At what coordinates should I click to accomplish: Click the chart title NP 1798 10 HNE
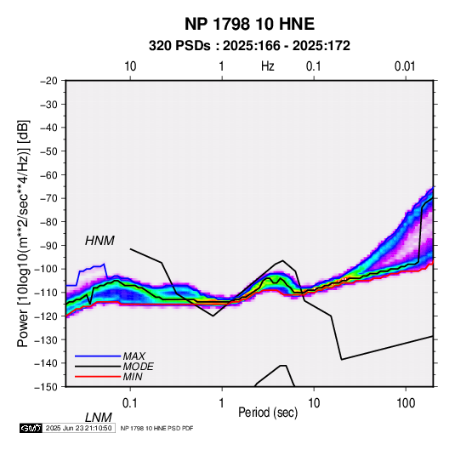click(x=249, y=24)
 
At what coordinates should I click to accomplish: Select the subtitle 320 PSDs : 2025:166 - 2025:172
click(x=249, y=46)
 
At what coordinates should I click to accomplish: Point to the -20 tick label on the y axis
click(x=48, y=81)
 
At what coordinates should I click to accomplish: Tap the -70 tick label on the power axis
click(x=48, y=198)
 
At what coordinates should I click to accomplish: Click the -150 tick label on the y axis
click(x=46, y=386)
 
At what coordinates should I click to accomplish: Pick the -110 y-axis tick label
click(x=46, y=293)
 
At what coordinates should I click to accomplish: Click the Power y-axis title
click(x=23, y=233)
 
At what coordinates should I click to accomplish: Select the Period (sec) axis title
click(x=268, y=413)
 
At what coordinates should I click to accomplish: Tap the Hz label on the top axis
click(x=268, y=66)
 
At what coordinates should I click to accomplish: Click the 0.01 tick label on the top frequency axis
click(x=405, y=66)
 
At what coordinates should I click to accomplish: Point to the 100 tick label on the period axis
click(x=406, y=403)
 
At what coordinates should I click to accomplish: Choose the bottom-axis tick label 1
click(x=222, y=403)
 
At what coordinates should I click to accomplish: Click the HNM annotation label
click(x=100, y=241)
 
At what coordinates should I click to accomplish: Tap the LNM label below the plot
click(x=98, y=418)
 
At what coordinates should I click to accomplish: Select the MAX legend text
click(x=134, y=356)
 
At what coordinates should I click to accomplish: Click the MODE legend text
click(x=138, y=367)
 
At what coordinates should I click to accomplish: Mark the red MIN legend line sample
click(x=98, y=377)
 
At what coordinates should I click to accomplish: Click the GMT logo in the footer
click(x=31, y=428)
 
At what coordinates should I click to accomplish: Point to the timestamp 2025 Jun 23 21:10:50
click(x=78, y=428)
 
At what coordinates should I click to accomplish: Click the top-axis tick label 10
click(x=130, y=66)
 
